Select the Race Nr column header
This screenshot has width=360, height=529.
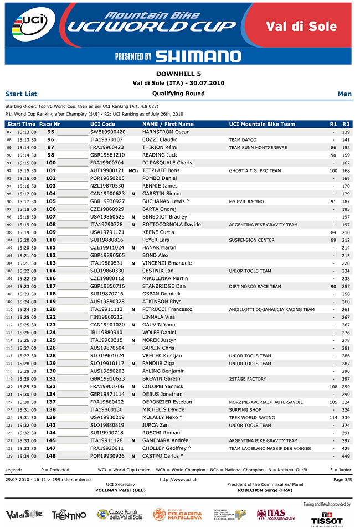pyautogui.click(x=50, y=124)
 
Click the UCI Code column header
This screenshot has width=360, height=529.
pyautogui.click(x=102, y=124)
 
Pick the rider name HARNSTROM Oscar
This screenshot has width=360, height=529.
pyautogui.click(x=166, y=132)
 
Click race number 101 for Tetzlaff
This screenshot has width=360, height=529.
pyautogui.click(x=50, y=171)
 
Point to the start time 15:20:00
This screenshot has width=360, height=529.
pyautogui.click(x=27, y=240)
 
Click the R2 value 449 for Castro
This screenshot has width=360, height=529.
pyautogui.click(x=346, y=456)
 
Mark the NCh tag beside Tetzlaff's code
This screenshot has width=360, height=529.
pyautogui.click(x=133, y=171)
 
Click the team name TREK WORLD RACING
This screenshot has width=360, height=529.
pyautogui.click(x=251, y=417)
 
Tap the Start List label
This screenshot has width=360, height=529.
pyautogui.click(x=21, y=94)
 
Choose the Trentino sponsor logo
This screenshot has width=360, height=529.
pyautogui.click(x=69, y=515)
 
